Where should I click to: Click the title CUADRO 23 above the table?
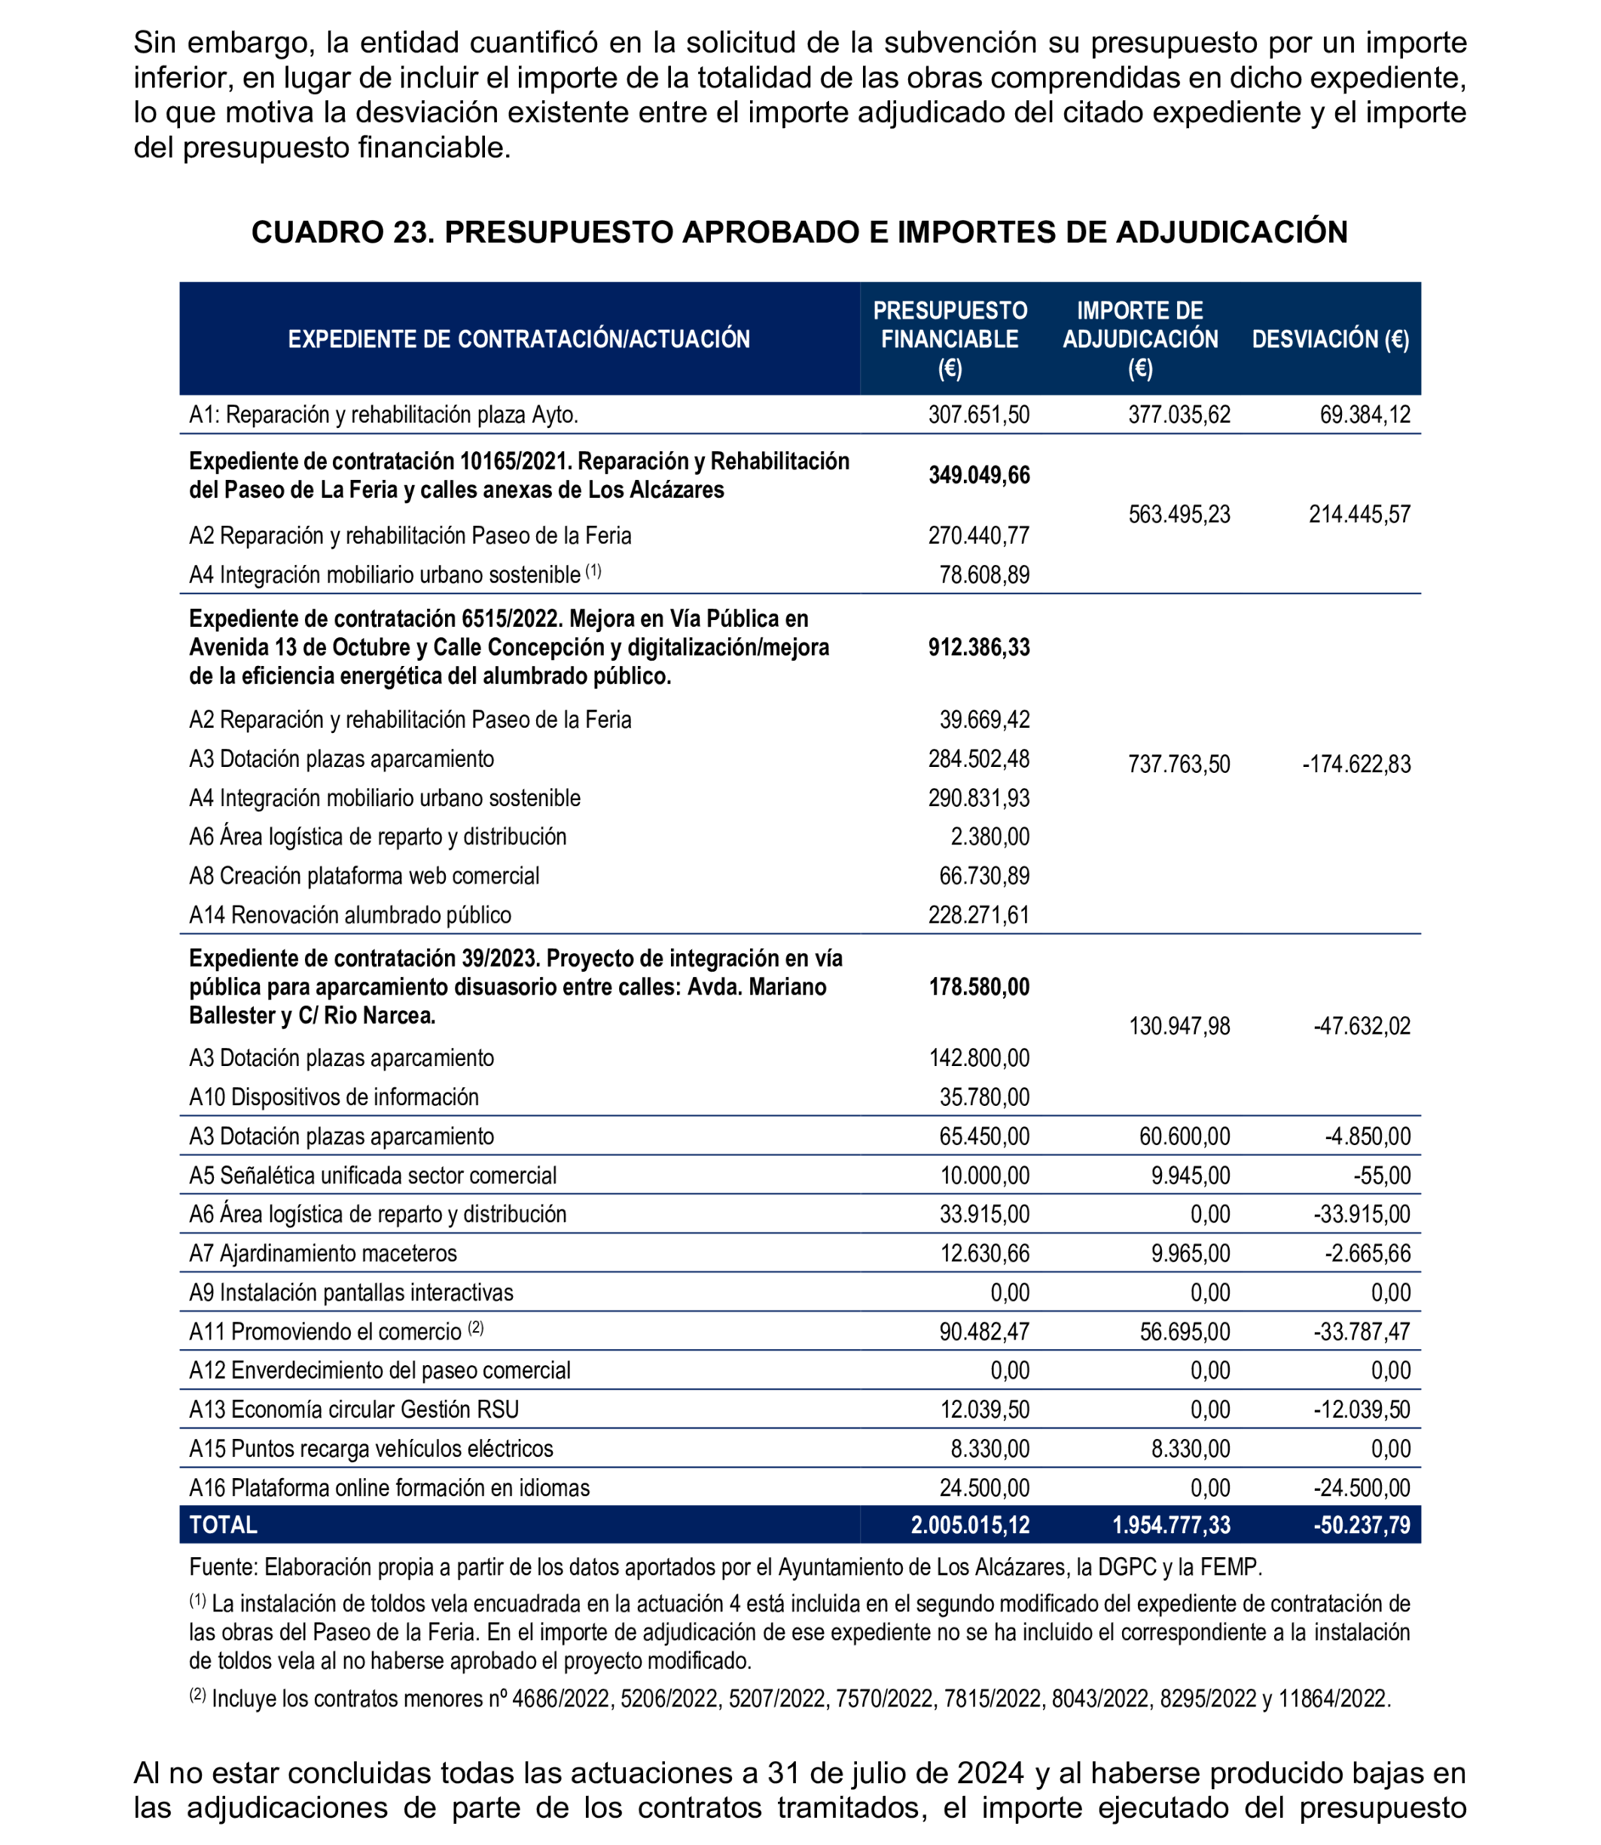click(x=799, y=232)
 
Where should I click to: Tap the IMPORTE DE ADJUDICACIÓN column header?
click(x=1140, y=339)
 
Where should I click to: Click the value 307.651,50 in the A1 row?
click(x=978, y=415)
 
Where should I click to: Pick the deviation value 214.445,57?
click(x=1359, y=515)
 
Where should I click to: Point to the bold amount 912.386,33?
click(x=978, y=647)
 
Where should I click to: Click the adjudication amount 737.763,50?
click(x=1179, y=764)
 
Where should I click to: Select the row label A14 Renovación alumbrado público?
click(x=350, y=915)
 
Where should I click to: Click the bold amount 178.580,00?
click(x=978, y=987)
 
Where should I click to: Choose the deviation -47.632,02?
click(x=1362, y=1026)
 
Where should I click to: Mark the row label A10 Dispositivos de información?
click(x=334, y=1097)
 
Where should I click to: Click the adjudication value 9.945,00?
click(x=1190, y=1175)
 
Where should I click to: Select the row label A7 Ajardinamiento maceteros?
click(x=322, y=1254)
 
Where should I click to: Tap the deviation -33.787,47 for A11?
click(x=1362, y=1332)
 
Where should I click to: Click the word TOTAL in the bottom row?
click(x=224, y=1525)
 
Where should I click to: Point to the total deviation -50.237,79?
click(x=1362, y=1525)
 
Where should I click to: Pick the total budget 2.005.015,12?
click(x=969, y=1525)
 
